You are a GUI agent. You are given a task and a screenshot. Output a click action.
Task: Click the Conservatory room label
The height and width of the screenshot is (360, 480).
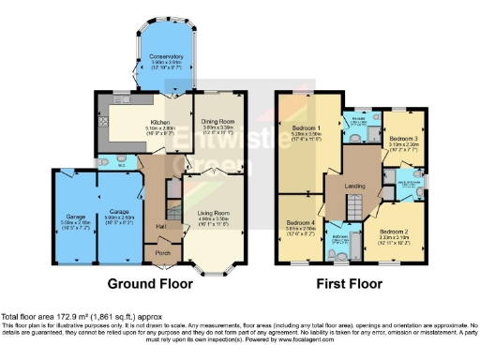point(165,56)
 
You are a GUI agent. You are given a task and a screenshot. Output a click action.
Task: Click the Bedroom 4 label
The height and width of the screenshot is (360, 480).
point(300,221)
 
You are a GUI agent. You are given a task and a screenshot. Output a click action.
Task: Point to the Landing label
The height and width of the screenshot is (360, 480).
point(354,186)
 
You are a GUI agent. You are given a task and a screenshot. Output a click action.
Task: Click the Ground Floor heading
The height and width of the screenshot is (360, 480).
point(151,284)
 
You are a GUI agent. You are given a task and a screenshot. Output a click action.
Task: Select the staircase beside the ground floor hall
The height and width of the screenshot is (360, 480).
point(172,202)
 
